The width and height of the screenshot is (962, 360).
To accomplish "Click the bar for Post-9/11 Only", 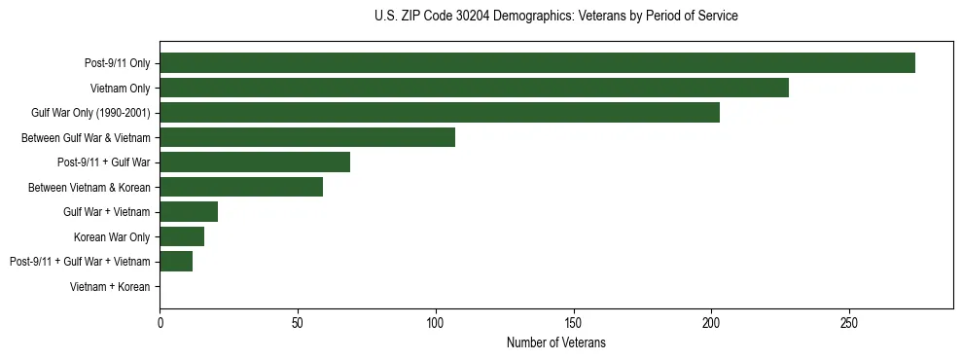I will coord(537,63).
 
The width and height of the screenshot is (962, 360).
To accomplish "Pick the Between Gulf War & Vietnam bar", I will coord(307,137).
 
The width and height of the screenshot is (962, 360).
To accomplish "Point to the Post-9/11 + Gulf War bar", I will coord(255,162).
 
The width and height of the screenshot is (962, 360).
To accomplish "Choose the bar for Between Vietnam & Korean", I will coord(241,187).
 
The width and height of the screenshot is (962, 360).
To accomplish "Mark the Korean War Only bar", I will coord(182,236).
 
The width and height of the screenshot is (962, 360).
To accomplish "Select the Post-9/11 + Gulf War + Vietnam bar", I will coord(176,262).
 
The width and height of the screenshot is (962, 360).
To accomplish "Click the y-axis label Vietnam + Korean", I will coord(110,287).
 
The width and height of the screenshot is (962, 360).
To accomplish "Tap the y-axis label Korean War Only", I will coord(112,237).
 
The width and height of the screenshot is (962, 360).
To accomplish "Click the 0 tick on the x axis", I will coord(160,321).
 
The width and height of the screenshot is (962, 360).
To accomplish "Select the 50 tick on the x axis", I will coord(298,321).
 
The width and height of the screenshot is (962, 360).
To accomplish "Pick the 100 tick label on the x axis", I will coord(436,321).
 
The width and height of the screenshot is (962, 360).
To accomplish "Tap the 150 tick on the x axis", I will coord(573,321).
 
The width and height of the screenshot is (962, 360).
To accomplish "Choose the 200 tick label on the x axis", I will coord(711,321).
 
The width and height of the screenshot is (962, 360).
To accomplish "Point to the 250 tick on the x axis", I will coord(849,321).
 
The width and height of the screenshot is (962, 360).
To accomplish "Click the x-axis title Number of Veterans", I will coord(555,342).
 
